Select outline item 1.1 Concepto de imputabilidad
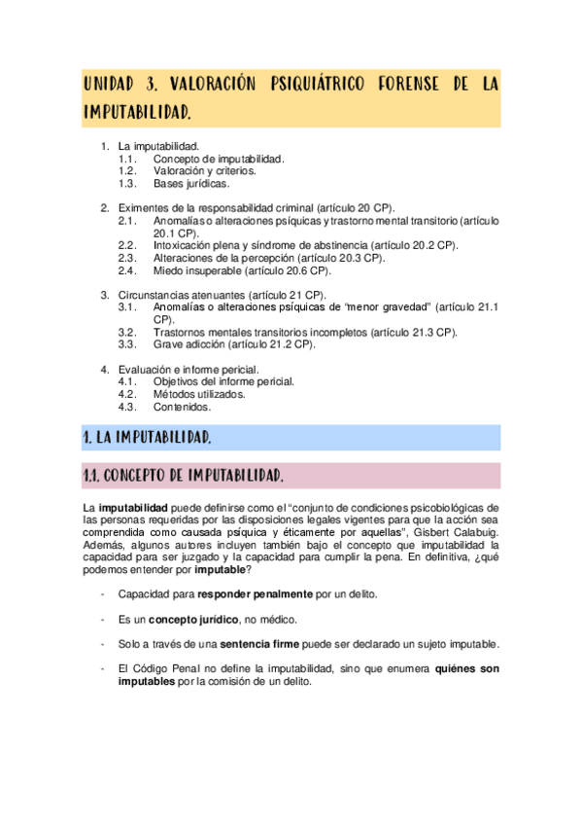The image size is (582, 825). tap(218, 159)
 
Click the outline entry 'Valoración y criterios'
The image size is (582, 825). tap(204, 170)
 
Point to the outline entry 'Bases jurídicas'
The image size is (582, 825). tap(191, 183)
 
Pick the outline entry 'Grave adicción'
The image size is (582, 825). tap(233, 344)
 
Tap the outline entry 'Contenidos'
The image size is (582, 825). tap(183, 407)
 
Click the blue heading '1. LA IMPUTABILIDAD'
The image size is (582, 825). tap(147, 438)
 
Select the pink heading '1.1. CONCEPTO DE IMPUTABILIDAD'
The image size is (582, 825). tap(183, 476)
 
